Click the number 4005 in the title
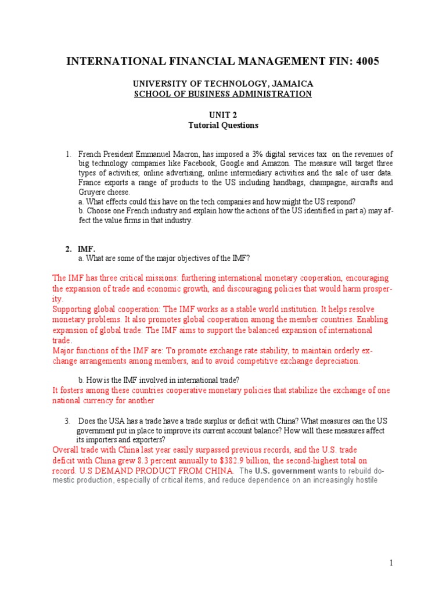click(x=362, y=60)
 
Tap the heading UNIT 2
click(x=223, y=115)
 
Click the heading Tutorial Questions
click(x=223, y=125)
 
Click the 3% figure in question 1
click(x=258, y=155)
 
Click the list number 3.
click(x=67, y=421)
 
